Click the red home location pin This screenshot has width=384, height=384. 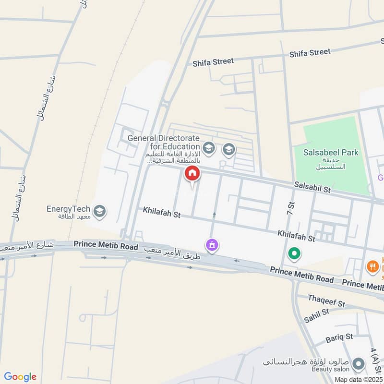click(x=192, y=174)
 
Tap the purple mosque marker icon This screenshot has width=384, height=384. click(x=212, y=245)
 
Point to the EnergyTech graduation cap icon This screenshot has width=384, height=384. click(x=100, y=211)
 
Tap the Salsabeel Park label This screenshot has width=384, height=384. click(x=331, y=153)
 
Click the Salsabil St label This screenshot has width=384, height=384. click(x=312, y=187)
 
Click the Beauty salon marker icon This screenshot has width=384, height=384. click(x=358, y=365)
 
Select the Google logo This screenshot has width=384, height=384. click(x=20, y=377)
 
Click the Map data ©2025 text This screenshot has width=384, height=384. click(x=359, y=379)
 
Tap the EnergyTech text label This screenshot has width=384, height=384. click(x=68, y=209)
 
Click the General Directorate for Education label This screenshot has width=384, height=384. click(x=164, y=142)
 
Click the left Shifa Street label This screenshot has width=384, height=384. click(x=213, y=62)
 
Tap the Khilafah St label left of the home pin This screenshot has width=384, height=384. click(x=161, y=213)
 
